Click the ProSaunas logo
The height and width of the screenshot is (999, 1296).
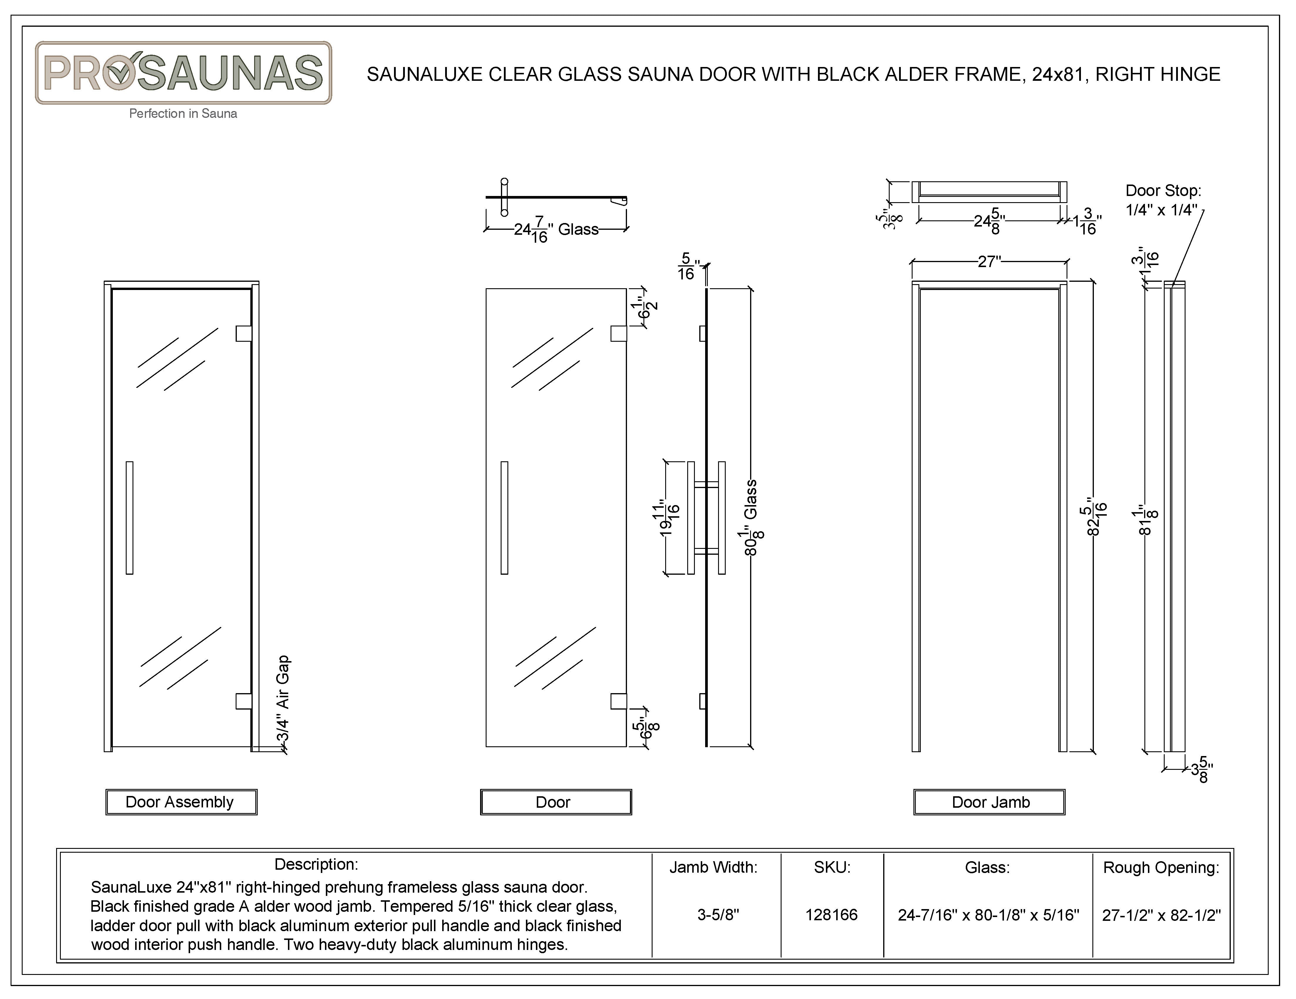click(183, 73)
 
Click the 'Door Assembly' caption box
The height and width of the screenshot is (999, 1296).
click(181, 802)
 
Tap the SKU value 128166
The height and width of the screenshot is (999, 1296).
click(831, 915)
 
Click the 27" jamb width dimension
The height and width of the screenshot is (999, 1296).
click(989, 261)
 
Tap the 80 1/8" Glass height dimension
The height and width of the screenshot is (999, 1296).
click(751, 517)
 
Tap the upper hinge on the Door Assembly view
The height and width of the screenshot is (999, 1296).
click(243, 333)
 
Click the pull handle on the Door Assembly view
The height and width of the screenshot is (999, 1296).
click(129, 518)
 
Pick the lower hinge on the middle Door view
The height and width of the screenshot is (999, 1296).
click(618, 701)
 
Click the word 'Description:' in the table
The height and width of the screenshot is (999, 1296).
click(316, 864)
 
